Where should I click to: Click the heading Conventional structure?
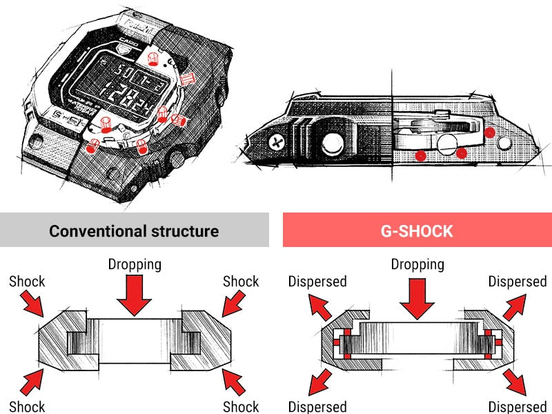pyautogui.click(x=134, y=230)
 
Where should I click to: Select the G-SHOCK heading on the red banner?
pyautogui.click(x=417, y=230)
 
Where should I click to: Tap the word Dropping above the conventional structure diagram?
pyautogui.click(x=135, y=264)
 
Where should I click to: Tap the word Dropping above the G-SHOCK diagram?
pyautogui.click(x=417, y=264)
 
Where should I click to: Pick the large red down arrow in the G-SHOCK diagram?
pyautogui.click(x=417, y=296)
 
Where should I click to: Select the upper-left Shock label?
pyautogui.click(x=27, y=281)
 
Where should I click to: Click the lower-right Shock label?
pyautogui.click(x=241, y=406)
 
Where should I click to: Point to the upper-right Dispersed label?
pyautogui.click(x=517, y=281)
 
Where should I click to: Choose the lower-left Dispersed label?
pyautogui.click(x=317, y=406)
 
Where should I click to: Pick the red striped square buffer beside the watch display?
pyautogui.click(x=186, y=81)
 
